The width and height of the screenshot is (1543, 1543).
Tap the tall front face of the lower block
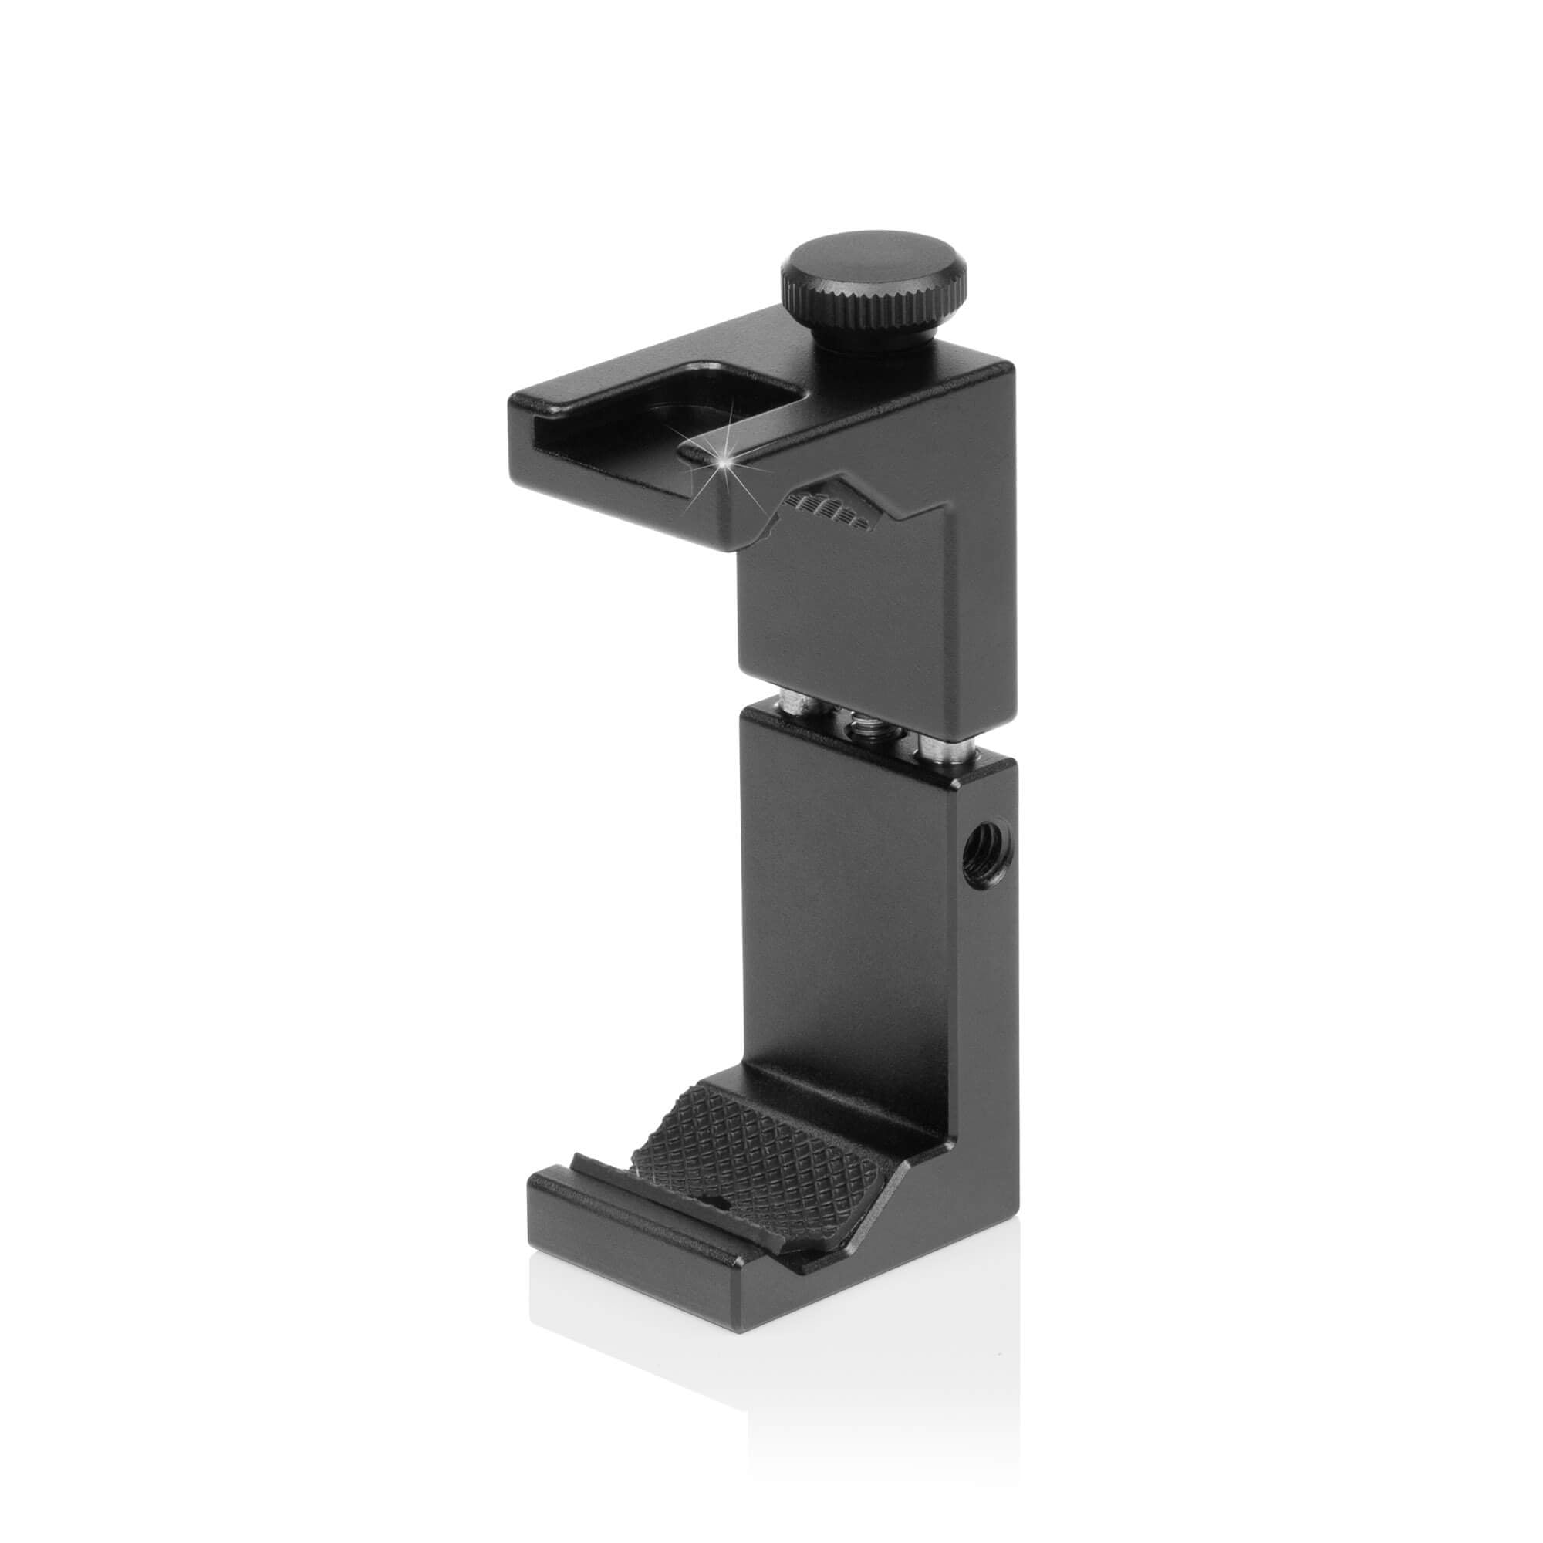tap(863, 918)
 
